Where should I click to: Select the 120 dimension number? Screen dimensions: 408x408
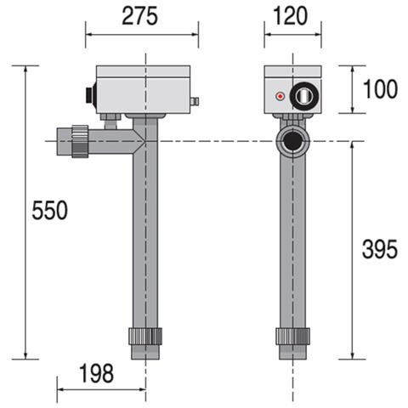point(292,16)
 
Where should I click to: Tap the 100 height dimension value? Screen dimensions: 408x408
point(380,88)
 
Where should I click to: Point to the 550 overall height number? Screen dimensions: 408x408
point(49,211)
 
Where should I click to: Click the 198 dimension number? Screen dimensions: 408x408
point(96,374)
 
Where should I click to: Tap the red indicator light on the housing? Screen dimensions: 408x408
point(278,98)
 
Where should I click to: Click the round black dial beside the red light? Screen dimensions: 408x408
point(303,96)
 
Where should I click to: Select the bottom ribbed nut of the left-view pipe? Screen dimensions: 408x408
point(145,335)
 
